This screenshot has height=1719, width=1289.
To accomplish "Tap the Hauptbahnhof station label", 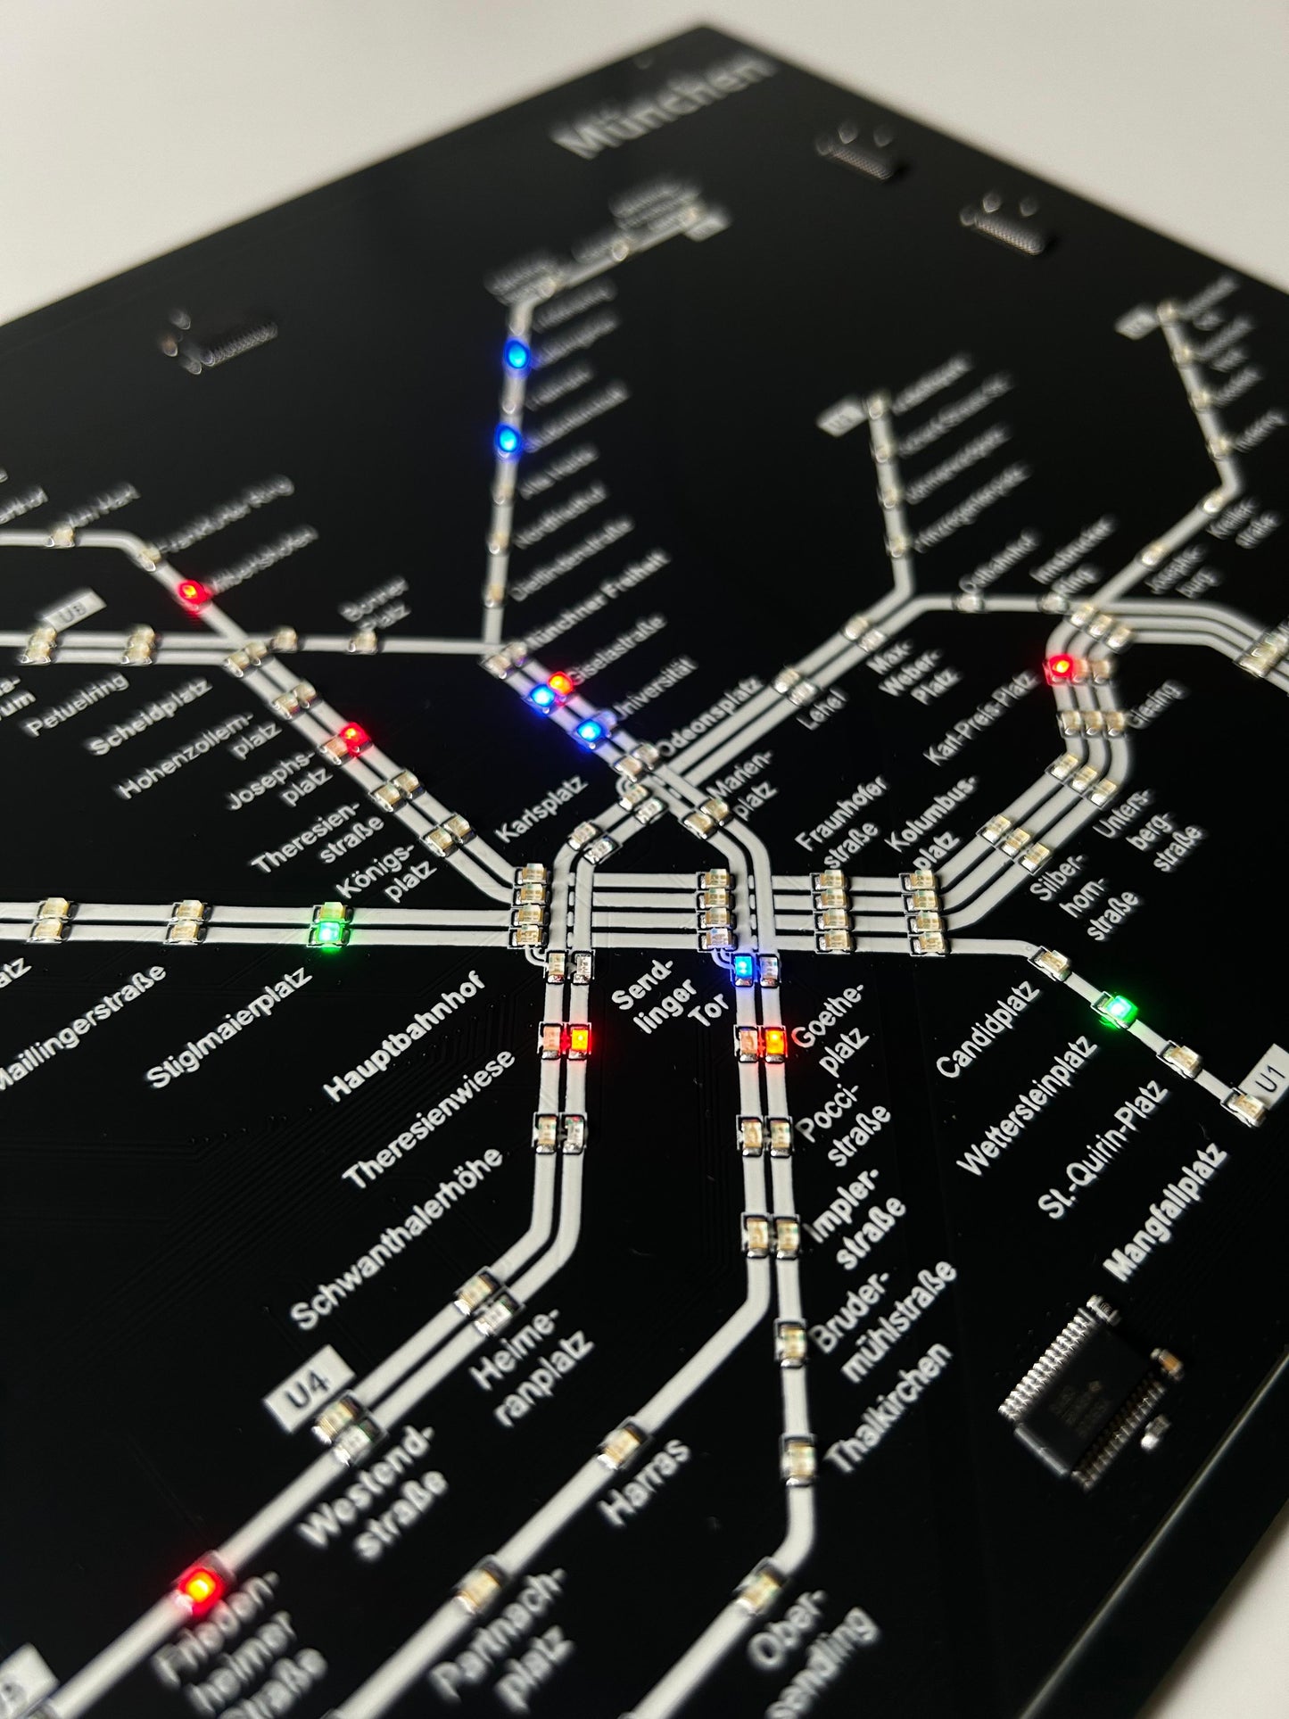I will [x=406, y=1037].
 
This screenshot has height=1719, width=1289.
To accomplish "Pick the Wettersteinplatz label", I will [x=1026, y=1106].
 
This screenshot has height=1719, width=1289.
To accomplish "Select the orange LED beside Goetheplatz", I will [x=774, y=1039].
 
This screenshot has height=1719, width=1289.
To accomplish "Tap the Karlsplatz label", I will [x=540, y=808].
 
